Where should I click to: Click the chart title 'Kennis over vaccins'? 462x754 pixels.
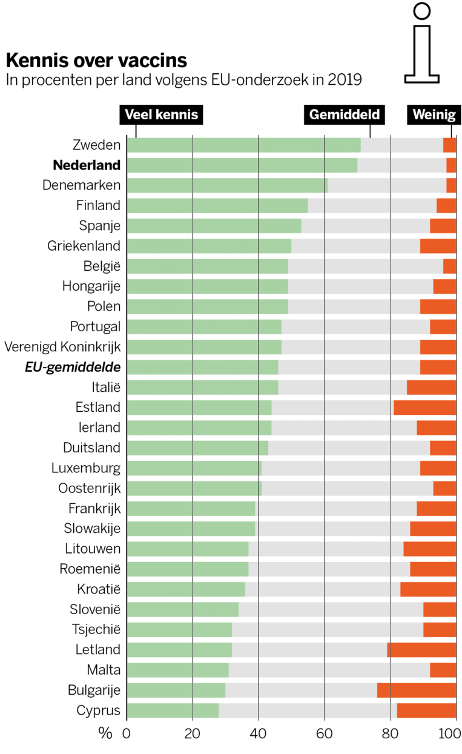96,61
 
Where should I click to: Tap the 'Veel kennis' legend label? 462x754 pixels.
161,114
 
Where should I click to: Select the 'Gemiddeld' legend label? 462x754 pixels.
345,114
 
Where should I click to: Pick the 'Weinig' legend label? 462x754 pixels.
433,114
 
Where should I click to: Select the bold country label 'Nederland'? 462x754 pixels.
87,165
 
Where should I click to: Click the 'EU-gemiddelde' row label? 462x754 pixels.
73,367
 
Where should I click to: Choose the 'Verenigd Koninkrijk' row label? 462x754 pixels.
62,347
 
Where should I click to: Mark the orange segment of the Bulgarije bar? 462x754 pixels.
417,690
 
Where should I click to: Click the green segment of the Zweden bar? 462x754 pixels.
243,145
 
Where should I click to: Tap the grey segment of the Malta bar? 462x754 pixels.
329,670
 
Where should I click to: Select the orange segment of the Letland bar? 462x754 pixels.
421,650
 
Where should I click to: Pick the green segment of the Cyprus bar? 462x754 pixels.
173,710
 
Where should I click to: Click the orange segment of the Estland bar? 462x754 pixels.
424,408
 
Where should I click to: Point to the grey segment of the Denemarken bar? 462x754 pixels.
387,185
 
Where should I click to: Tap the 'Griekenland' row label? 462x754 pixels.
84,246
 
